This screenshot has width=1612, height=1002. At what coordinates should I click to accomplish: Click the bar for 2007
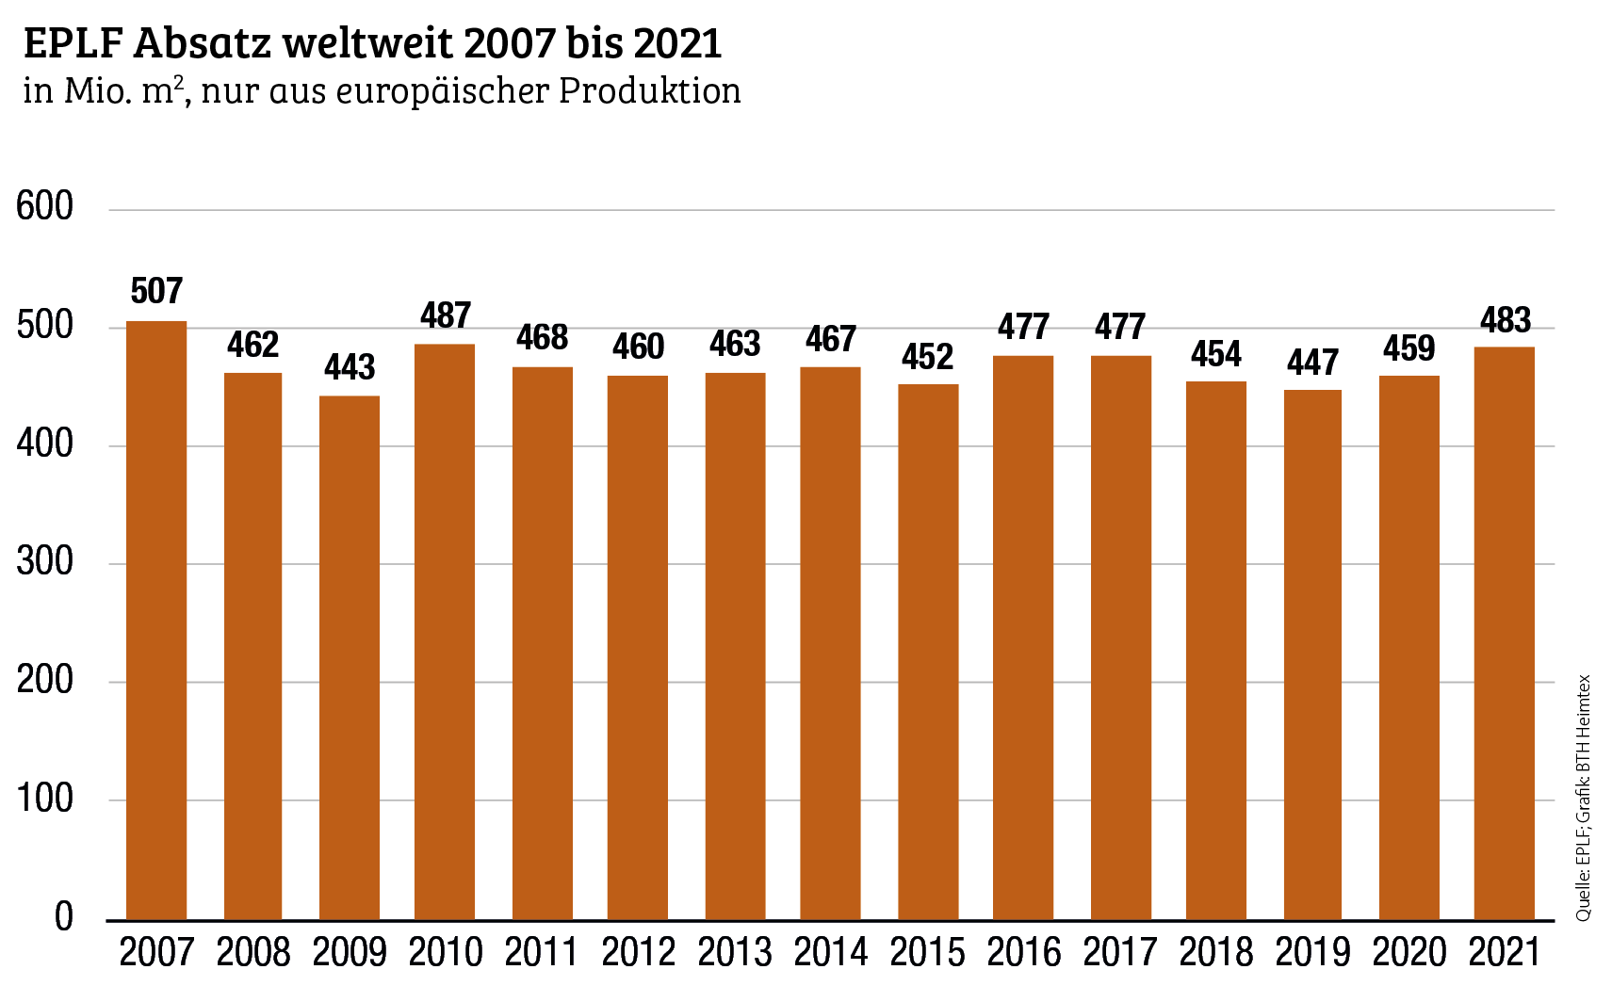point(156,622)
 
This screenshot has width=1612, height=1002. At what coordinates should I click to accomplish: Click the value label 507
point(156,291)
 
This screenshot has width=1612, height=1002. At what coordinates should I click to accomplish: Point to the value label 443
point(350,366)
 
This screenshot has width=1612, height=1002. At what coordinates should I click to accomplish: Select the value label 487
point(446,315)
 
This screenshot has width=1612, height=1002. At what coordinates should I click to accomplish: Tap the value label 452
point(928,356)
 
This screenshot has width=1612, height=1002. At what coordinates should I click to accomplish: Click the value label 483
point(1505,320)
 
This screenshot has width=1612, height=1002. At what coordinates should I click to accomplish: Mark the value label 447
point(1312,362)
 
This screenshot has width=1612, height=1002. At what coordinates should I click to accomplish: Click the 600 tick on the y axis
point(45,206)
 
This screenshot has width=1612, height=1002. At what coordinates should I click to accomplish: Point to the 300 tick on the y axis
point(45,561)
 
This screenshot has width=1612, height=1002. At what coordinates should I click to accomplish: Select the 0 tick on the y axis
point(63,916)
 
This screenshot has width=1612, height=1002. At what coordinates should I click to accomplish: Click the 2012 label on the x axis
point(639,952)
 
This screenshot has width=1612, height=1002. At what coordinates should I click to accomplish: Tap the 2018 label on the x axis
point(1216,952)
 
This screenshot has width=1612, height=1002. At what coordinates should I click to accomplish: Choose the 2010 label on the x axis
point(446,952)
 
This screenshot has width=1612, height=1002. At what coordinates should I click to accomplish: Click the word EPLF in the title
point(73,43)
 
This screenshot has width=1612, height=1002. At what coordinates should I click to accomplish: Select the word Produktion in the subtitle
point(650,90)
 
